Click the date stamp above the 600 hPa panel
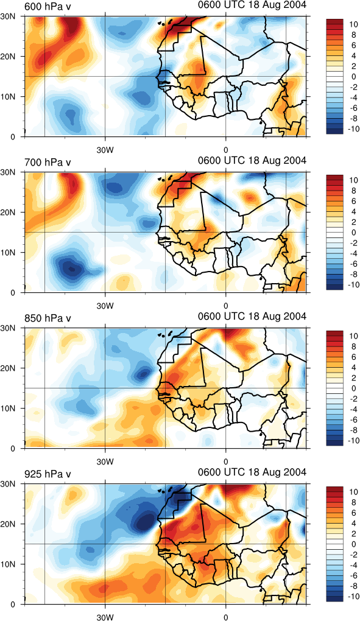[252, 5]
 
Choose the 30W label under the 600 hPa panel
[105, 150]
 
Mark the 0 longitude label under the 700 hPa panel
[226, 306]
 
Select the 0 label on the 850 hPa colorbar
[354, 388]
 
